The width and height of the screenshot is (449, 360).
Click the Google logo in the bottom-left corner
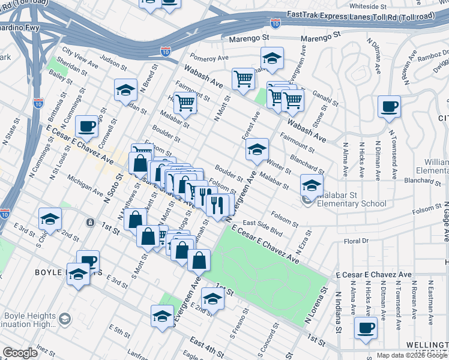pos(20,353)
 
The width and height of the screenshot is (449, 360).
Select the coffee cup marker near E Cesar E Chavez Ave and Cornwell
pos(87,127)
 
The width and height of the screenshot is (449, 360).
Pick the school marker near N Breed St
pos(125,90)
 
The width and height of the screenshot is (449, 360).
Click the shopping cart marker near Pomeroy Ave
pos(243,78)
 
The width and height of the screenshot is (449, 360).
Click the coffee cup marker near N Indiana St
pos(366,328)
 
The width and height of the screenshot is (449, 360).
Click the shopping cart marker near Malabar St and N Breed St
pos(185,103)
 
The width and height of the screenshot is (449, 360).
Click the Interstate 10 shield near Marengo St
pos(275,23)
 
